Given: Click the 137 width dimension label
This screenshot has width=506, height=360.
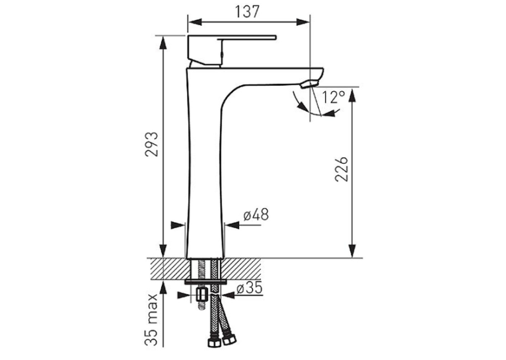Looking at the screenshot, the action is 247,12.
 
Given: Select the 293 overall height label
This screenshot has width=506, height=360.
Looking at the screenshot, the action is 151,144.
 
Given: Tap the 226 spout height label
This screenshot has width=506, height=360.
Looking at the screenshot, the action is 342,169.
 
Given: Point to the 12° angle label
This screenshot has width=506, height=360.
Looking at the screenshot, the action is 334,97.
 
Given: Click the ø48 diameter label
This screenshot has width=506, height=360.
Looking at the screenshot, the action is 256,215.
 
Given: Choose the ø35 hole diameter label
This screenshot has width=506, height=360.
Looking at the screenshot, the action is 250,288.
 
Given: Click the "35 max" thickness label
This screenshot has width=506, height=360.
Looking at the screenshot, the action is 151,319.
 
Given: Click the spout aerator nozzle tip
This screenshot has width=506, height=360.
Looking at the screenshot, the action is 308,85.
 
